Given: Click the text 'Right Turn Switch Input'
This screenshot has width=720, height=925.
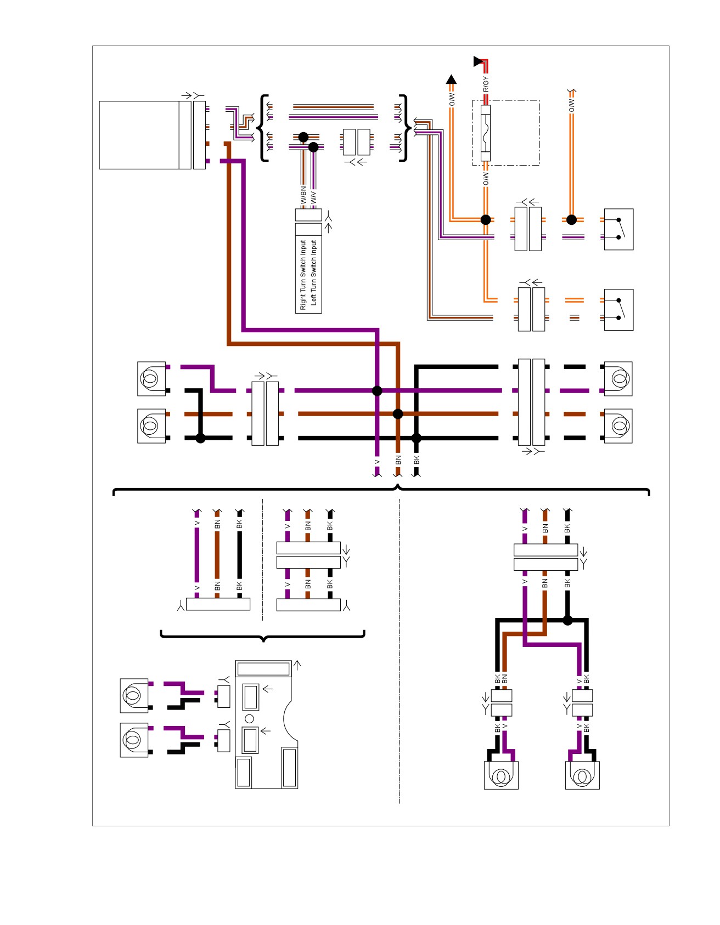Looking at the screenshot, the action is pos(303,274).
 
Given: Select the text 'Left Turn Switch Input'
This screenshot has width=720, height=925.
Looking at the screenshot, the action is pos(313,272).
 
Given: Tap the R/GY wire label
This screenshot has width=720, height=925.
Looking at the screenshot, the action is pos(486,84).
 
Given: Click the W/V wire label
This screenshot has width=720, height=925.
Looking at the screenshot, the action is pos(313,197).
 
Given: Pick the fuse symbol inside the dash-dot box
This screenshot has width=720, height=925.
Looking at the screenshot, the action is pos(486,133).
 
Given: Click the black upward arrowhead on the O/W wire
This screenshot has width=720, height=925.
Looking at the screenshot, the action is pos(451,80).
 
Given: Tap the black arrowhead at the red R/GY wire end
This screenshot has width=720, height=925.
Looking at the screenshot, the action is pos(479,61).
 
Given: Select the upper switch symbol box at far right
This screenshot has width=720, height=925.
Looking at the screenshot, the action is pos(618,229).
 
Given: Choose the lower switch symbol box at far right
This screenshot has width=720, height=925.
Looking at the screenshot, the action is pos(618,310).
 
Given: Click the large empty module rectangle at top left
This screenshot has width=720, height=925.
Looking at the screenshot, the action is pos(139,135).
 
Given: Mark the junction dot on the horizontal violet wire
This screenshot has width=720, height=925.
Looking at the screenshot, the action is pos(377,390).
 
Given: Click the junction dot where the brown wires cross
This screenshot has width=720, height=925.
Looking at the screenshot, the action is pos(398,414).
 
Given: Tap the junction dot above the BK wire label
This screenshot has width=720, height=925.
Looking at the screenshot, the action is pos(417,438).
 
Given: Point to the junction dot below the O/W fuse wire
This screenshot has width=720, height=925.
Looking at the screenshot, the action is pos(486,220).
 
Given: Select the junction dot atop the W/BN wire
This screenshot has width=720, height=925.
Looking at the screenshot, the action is pos(303,137).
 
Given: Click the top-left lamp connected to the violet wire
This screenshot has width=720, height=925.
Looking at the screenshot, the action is pos(151,378).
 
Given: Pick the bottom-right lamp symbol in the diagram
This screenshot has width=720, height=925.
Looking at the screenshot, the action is pos(582,775).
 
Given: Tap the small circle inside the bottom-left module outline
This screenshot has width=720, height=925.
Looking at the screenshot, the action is pos(249,718).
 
